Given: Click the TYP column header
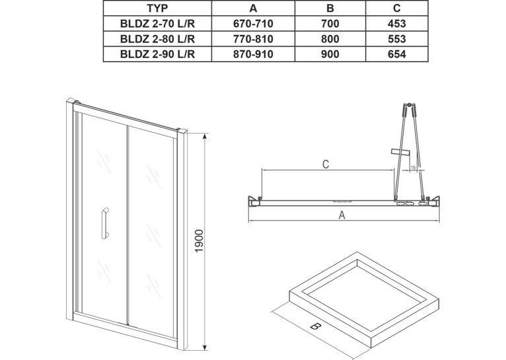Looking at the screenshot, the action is click(x=157, y=8).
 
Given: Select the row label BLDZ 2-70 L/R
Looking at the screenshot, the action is click(x=157, y=24).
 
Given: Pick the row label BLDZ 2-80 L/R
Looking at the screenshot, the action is click(x=157, y=39).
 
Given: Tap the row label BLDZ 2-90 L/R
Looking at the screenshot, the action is click(x=157, y=54).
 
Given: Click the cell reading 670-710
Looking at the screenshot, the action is click(x=253, y=24).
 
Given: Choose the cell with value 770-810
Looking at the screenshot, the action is click(x=253, y=39).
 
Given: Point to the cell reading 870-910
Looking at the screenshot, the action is click(x=253, y=54).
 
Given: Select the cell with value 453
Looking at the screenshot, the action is click(x=396, y=24).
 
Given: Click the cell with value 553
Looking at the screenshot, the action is click(x=396, y=39).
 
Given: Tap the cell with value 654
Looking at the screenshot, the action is click(x=396, y=54).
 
